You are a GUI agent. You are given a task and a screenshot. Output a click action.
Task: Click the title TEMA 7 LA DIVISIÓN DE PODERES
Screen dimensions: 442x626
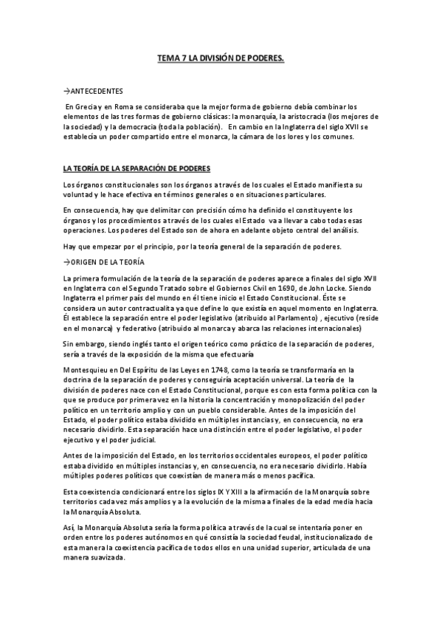click(x=221, y=57)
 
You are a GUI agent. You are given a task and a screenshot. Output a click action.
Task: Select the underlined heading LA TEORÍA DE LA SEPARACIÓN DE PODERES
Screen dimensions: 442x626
click(x=137, y=168)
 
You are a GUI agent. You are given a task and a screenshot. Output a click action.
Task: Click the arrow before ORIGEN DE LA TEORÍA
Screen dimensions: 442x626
click(x=66, y=263)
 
